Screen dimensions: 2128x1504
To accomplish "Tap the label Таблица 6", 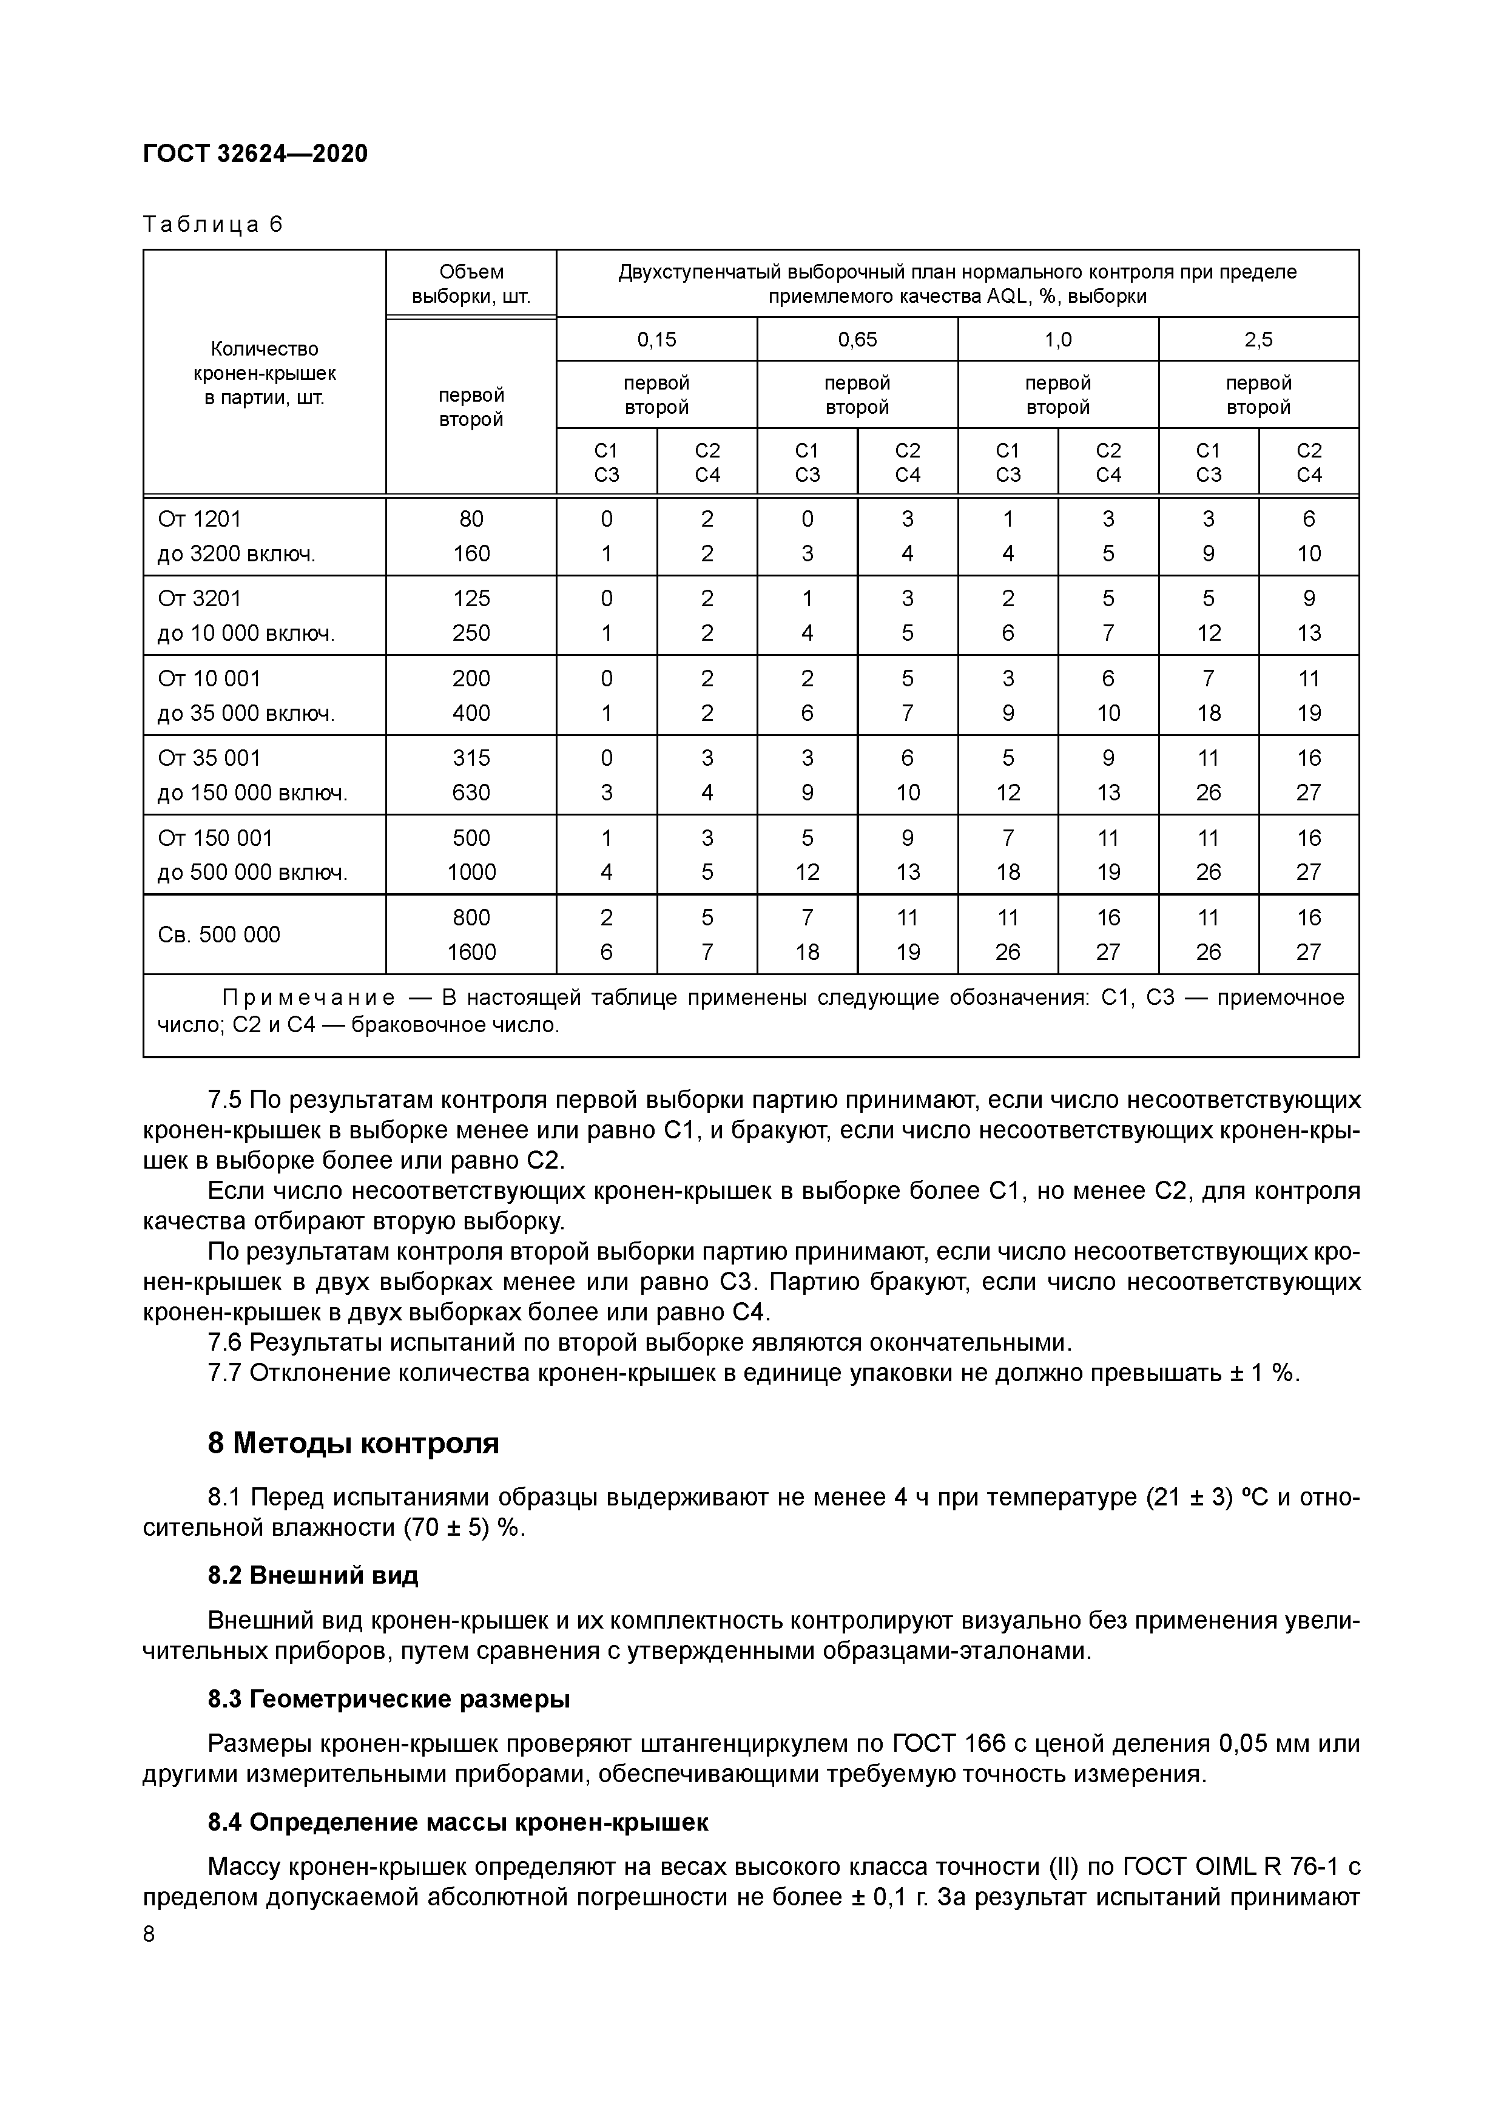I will pyautogui.click(x=212, y=225).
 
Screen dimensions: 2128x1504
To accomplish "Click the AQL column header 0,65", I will pyautogui.click(x=857, y=339).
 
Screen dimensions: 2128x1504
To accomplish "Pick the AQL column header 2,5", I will pyautogui.click(x=1258, y=339).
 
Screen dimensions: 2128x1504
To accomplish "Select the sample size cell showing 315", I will pyautogui.click(x=471, y=758).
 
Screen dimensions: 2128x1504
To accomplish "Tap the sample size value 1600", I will pyautogui.click(x=471, y=952).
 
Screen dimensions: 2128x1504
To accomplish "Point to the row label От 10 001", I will pyautogui.click(x=209, y=678).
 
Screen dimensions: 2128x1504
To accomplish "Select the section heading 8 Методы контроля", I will pyautogui.click(x=353, y=1443).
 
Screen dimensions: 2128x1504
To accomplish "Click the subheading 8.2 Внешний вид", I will pyautogui.click(x=313, y=1575).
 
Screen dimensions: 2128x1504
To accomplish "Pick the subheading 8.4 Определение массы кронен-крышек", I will pyautogui.click(x=458, y=1822).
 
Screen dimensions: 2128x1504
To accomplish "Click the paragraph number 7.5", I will pyautogui.click(x=224, y=1100).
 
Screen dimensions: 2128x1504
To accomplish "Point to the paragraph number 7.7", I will pyautogui.click(x=224, y=1373).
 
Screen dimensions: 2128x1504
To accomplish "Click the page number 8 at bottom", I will pyautogui.click(x=149, y=1935).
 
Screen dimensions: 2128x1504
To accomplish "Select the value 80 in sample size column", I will pyautogui.click(x=471, y=519).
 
